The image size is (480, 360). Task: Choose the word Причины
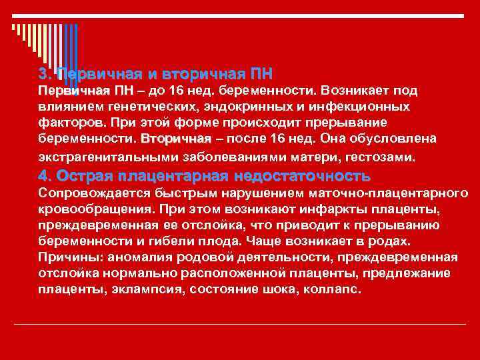tap(67, 257)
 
